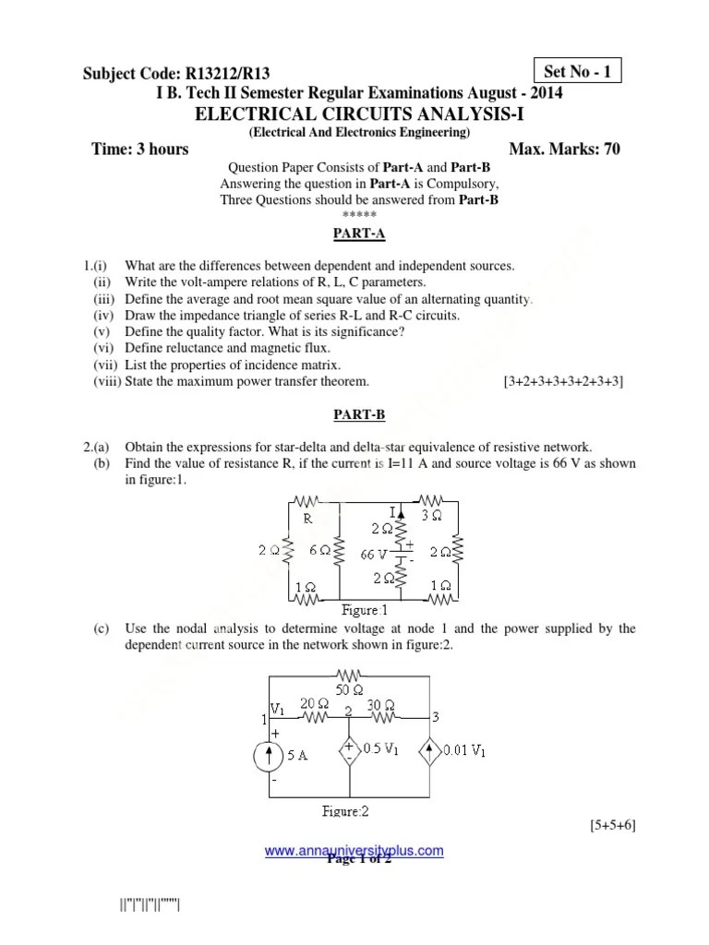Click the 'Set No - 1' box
click(579, 71)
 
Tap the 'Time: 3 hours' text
click(140, 150)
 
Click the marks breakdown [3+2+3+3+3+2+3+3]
click(563, 381)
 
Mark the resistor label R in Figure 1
click(307, 519)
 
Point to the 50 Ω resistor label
click(350, 690)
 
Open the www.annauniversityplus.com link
click(354, 851)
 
